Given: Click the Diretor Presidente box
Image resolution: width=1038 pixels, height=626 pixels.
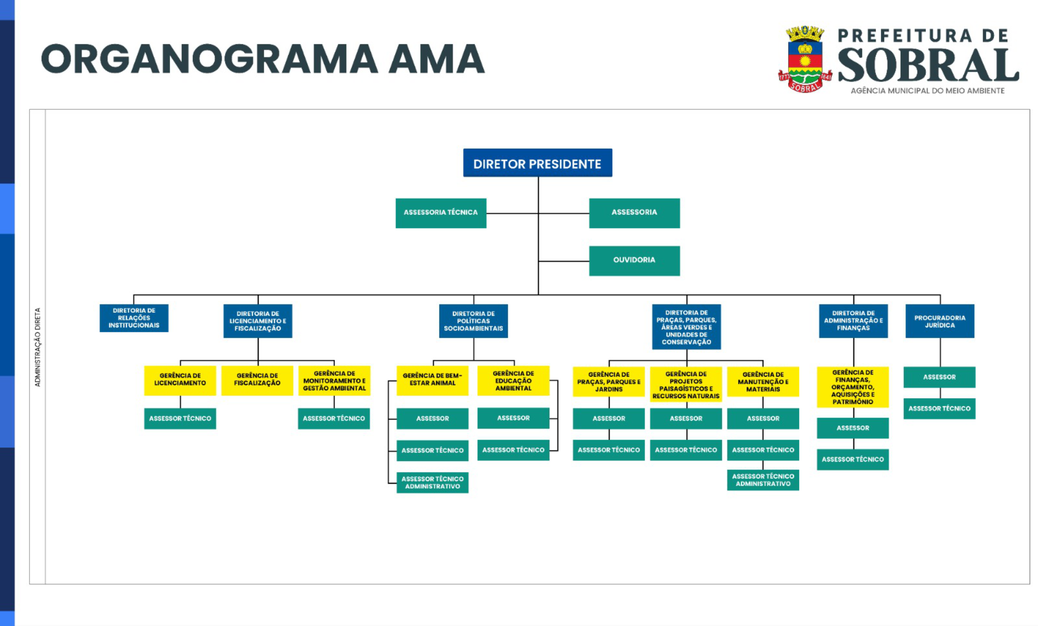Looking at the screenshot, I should coord(537,163).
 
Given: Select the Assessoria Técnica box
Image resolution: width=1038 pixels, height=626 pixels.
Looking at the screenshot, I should coord(441,213).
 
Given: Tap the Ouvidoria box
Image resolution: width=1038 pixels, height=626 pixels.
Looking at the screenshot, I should coord(634,260).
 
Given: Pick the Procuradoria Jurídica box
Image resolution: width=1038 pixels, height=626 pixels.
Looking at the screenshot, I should coord(939,321).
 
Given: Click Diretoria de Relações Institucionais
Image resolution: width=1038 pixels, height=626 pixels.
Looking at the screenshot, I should coord(134,318).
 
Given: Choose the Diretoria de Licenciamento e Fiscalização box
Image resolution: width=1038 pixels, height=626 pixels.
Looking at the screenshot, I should coord(257,321).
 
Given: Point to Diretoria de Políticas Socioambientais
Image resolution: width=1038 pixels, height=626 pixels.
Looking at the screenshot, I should coord(473,321).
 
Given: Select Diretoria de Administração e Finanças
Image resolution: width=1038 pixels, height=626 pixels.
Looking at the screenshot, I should coord(853,321).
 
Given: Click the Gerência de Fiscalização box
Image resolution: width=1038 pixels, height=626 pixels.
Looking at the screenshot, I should coord(257,380).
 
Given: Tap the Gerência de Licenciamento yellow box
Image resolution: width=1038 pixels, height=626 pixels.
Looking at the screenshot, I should coord(180,380).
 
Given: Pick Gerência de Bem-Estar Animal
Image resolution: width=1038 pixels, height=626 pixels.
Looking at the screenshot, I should coord(432,380).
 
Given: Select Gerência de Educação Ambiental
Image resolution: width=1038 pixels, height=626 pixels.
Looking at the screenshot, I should coord(513,380).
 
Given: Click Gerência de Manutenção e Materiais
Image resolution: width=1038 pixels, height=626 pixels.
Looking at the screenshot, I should coord(763,381).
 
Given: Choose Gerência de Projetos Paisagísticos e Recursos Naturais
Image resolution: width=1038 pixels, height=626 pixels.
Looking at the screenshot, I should coord(686,384).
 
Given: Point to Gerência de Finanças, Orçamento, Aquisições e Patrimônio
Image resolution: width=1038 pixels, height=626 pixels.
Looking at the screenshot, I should coord(852,387).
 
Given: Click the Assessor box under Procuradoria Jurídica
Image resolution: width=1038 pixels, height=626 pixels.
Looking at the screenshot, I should coord(939,377).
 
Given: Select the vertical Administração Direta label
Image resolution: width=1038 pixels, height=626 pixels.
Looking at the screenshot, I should coord(38,347).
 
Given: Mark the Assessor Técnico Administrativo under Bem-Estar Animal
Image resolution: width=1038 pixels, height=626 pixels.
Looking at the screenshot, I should coord(432,482).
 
